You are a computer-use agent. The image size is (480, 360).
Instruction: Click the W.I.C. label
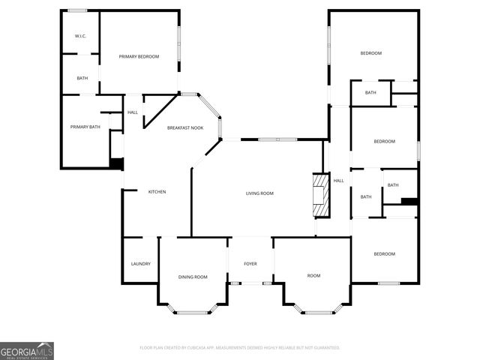point(81,36)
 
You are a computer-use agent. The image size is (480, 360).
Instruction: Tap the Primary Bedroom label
point(139,56)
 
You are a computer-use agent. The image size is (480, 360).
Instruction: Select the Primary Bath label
point(85,127)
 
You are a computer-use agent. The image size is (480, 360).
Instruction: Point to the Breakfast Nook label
point(185,128)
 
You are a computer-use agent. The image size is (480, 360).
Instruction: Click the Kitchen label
point(157,192)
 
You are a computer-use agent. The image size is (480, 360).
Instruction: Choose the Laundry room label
point(141,264)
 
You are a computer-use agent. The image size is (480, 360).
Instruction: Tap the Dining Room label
point(193,277)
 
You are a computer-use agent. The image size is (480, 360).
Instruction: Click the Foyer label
point(250,264)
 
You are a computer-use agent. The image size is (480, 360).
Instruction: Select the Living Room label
point(259,193)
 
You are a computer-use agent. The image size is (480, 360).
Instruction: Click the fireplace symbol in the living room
point(321,196)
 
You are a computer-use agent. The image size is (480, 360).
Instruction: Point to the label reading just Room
point(313,276)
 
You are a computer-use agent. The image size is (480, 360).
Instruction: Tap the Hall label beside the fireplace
point(338,180)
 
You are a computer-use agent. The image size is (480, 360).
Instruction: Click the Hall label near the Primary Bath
point(133,112)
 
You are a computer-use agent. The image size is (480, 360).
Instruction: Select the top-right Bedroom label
point(370,53)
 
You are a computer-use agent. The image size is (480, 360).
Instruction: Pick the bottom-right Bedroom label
point(384,254)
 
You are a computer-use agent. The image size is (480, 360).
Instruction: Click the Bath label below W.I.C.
point(82,78)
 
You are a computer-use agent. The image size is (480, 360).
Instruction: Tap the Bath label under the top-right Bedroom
point(370,93)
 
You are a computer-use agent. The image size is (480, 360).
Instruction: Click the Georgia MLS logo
point(27,351)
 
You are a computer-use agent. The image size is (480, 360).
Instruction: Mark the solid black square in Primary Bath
point(116,163)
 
